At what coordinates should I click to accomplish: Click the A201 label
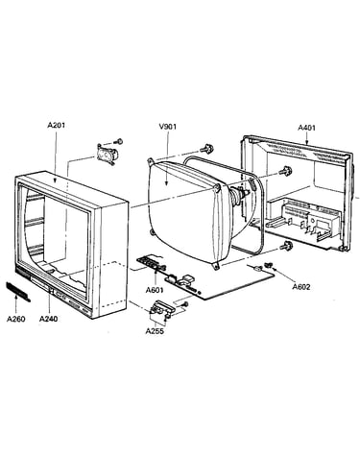(x=56, y=125)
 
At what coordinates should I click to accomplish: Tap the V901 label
(x=168, y=127)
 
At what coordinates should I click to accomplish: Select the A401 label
(x=306, y=128)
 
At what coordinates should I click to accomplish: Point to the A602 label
(x=301, y=287)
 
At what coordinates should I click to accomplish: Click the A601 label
(x=155, y=290)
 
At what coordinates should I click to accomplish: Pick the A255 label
(x=155, y=331)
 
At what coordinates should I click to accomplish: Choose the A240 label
(x=49, y=319)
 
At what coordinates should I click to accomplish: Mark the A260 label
(x=16, y=319)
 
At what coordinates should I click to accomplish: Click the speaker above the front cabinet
(x=107, y=155)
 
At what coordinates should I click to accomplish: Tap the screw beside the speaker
(x=119, y=141)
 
